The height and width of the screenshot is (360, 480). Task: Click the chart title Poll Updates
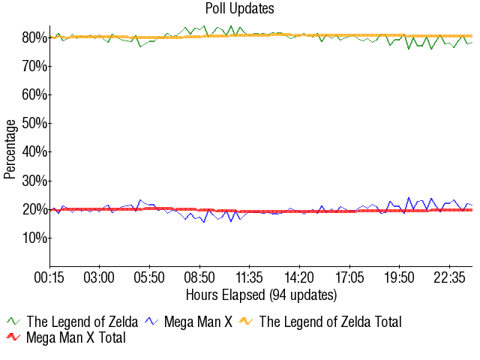tap(239, 8)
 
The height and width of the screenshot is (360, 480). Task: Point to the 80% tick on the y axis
tap(34, 37)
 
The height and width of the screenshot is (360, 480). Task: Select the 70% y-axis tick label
tap(34, 67)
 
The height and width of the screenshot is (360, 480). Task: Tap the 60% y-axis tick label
tap(34, 95)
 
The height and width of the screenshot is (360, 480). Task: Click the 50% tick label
tap(34, 124)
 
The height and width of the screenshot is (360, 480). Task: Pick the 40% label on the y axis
tap(34, 152)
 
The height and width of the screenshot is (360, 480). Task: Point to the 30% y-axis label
tap(34, 181)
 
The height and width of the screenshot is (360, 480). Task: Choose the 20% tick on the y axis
tap(34, 209)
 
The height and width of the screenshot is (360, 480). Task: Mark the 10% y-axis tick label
tap(34, 238)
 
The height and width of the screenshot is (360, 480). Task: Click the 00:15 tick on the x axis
tap(49, 277)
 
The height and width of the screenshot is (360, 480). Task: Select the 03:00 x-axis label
tap(99, 277)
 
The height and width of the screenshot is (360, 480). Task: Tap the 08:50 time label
tap(199, 277)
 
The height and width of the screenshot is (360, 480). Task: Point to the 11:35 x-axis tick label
tap(249, 277)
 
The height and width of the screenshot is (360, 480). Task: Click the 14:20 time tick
tap(299, 277)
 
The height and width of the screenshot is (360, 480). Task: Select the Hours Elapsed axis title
tap(261, 294)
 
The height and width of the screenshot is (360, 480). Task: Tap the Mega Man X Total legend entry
tap(76, 338)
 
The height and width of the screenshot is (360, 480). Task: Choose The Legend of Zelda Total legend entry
tap(330, 322)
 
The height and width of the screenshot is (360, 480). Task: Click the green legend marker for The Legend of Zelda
tap(13, 322)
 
